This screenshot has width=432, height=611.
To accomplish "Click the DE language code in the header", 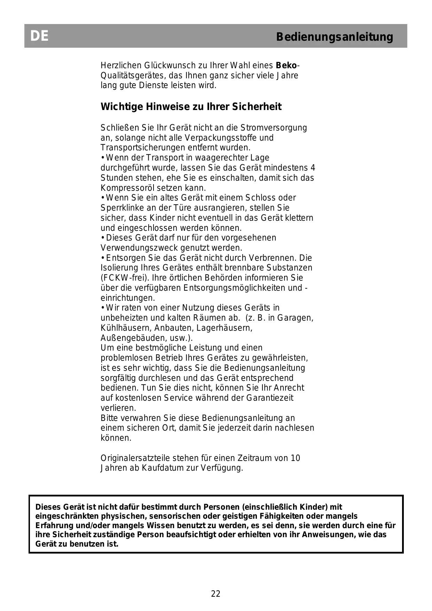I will click(39, 36).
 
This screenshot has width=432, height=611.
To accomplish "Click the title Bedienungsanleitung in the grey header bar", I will click(334, 37).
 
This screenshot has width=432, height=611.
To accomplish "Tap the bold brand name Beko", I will click(286, 65).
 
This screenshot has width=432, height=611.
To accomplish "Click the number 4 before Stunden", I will click(313, 168).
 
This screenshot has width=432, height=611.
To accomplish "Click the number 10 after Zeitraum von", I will click(295, 458).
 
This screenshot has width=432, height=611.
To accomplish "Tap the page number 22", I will click(216, 594).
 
